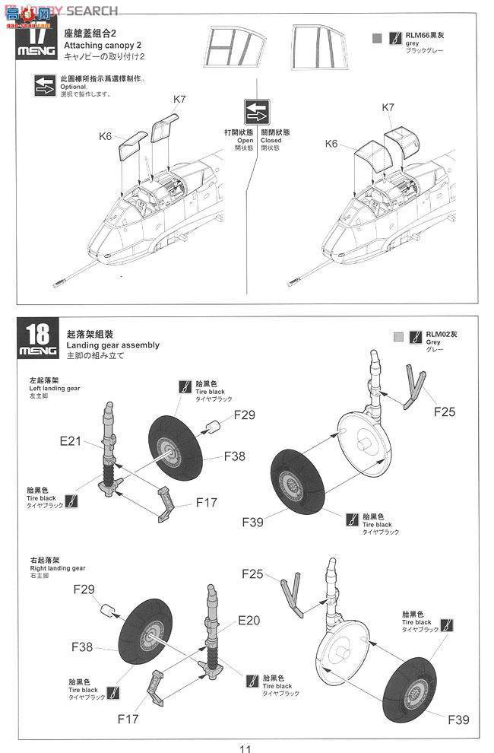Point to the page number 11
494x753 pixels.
click(245, 745)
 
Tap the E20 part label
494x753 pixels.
click(249, 620)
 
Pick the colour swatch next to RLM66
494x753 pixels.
click(378, 37)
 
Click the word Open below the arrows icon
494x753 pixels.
click(245, 140)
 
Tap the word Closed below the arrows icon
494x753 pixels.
click(271, 140)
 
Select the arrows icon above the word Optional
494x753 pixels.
click(44, 85)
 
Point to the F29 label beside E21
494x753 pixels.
click(245, 415)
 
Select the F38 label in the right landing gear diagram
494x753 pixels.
click(82, 647)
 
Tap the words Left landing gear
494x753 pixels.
click(59, 388)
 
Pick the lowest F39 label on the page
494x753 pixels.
click(458, 719)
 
